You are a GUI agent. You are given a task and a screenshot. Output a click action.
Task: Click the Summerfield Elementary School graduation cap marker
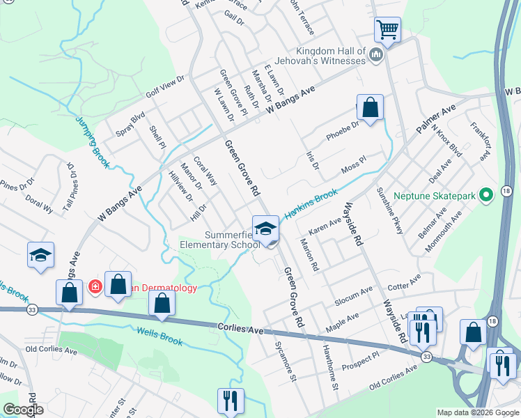[x=265, y=229]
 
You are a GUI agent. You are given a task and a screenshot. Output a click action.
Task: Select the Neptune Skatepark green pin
[x=488, y=196]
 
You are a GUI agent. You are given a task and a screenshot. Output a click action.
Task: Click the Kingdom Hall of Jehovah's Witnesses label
[x=331, y=56]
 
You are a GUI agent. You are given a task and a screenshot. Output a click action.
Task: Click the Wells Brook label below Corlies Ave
[x=160, y=336]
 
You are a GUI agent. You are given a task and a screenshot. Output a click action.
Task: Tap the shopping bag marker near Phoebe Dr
[x=370, y=108]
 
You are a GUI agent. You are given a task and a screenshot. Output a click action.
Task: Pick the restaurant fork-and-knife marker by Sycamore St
[x=228, y=401]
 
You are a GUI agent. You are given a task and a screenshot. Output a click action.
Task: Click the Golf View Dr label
[x=164, y=86]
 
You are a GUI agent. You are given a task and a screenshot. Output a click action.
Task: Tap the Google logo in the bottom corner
[x=22, y=410]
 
